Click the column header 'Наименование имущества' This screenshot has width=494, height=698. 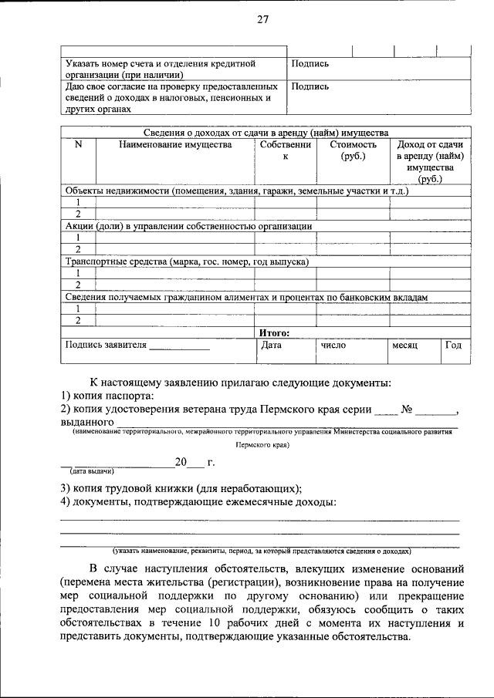[174, 144]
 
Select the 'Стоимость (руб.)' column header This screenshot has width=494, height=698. [353, 150]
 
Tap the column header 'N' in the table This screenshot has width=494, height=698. [77, 144]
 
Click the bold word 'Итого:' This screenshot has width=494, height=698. [274, 332]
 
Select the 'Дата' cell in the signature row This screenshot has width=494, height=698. [271, 346]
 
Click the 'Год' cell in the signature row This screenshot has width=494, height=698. [452, 346]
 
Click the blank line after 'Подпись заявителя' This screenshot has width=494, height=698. [178, 347]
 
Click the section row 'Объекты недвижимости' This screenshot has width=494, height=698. [236, 191]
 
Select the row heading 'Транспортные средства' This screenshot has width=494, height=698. [187, 261]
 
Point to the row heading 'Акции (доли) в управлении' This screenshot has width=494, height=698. [188, 226]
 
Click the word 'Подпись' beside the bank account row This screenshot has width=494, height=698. [310, 64]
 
